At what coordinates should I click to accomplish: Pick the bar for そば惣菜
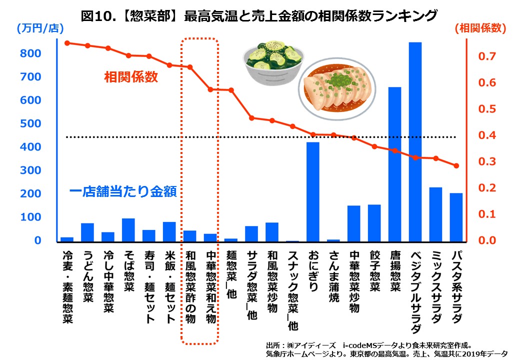(128, 229)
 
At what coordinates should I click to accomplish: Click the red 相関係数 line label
(131, 77)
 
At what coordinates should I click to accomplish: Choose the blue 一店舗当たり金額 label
(122, 192)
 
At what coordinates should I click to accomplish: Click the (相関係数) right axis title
(480, 28)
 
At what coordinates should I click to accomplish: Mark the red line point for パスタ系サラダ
(456, 165)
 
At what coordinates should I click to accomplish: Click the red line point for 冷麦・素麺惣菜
(67, 43)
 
